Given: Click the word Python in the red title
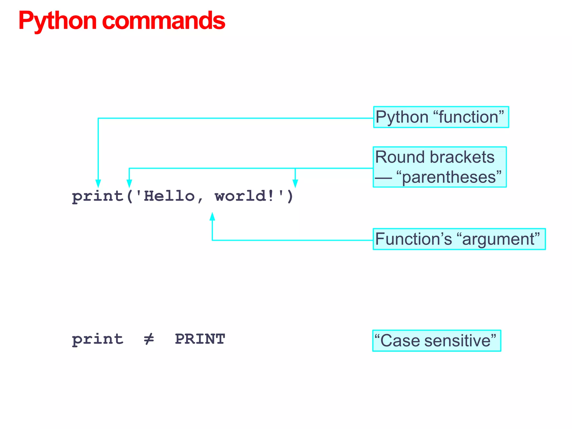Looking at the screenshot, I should click(x=57, y=21).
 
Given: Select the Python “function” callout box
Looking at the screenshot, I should click(x=441, y=117).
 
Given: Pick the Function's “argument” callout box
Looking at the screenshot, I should click(x=459, y=239).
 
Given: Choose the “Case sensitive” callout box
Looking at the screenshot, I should click(x=437, y=341).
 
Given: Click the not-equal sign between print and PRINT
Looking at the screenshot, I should click(x=149, y=339).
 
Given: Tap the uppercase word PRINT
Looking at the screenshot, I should click(x=200, y=339).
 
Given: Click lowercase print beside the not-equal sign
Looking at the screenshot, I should click(x=97, y=340).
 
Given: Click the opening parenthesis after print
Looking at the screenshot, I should click(x=130, y=196).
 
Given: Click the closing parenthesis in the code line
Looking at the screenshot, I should click(x=290, y=196).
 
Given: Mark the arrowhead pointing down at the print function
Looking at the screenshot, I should click(x=98, y=183).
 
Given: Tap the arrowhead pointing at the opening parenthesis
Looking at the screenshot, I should click(x=129, y=183).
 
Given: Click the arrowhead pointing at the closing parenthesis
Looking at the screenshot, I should click(x=295, y=183).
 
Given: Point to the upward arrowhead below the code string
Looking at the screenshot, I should click(x=212, y=217).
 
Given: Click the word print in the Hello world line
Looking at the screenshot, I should click(x=97, y=196).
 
